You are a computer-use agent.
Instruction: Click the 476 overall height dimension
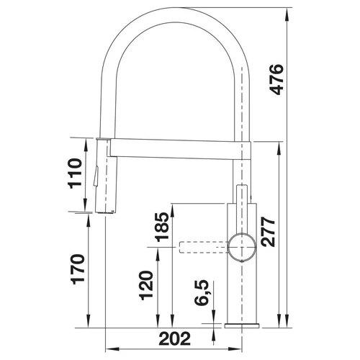276,80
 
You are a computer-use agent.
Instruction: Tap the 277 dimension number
268,232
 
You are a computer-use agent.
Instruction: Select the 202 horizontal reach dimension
174,338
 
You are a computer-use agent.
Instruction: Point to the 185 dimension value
161,227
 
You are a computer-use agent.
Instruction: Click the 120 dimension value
146,285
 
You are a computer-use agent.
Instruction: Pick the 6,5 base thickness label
202,292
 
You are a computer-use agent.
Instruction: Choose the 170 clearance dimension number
78,269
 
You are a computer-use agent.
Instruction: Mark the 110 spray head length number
75,174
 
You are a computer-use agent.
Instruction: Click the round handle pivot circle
242,247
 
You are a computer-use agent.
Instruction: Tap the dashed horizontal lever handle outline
203,247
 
